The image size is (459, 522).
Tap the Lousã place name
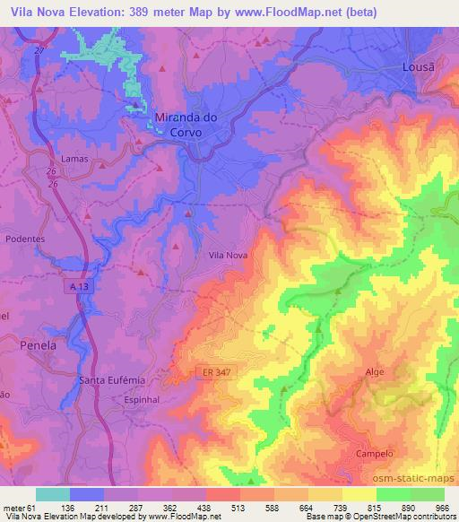(x=420, y=70)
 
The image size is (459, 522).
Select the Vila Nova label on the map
(x=228, y=255)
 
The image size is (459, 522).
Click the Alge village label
(x=376, y=370)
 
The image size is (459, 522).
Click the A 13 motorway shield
(x=82, y=285)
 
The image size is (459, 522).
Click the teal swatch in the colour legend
(x=53, y=494)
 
